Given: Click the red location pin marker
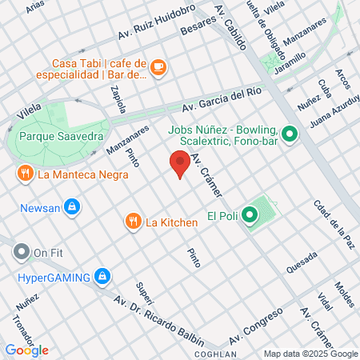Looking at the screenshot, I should click(x=179, y=163).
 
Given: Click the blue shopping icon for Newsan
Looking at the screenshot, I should click(x=72, y=206).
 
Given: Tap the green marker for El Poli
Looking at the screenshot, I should click(x=250, y=214).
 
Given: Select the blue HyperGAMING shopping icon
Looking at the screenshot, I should click(x=101, y=278).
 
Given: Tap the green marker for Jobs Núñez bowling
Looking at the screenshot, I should click(x=290, y=134).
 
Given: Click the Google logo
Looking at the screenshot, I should click(x=26, y=350).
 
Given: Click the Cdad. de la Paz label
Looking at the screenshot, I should click(x=334, y=223).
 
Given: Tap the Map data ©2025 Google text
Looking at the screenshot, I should click(x=311, y=354).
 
